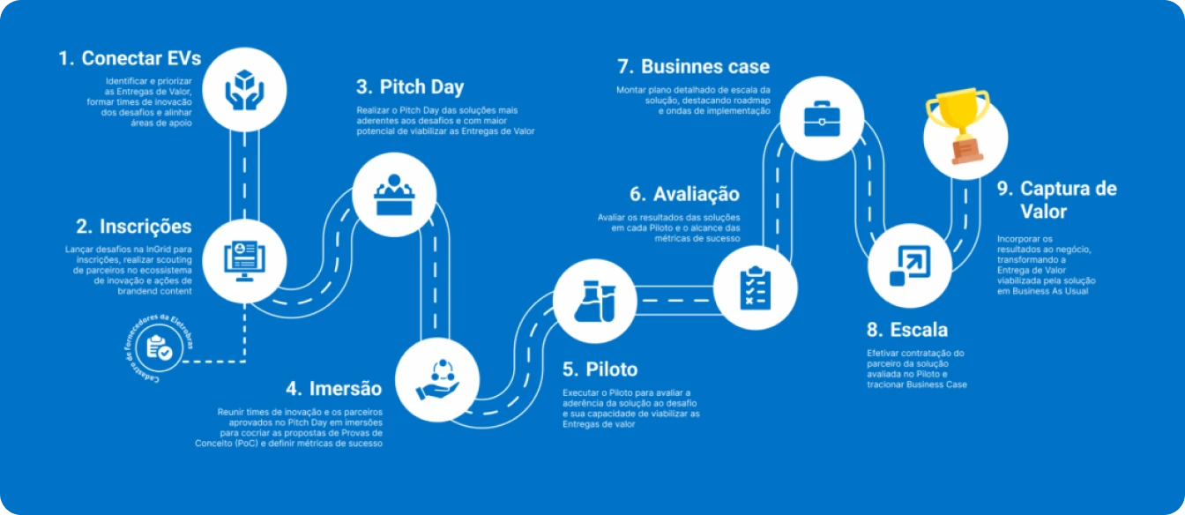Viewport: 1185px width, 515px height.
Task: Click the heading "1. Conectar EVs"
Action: click(130, 58)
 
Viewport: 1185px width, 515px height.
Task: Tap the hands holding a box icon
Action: click(244, 90)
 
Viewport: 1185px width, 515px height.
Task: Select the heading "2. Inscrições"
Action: click(134, 227)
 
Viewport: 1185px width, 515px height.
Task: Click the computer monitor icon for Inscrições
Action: click(244, 261)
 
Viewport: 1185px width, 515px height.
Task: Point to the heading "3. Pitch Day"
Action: click(410, 86)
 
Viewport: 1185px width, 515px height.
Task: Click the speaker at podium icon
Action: click(394, 195)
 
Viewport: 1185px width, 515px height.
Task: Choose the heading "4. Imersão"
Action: click(334, 389)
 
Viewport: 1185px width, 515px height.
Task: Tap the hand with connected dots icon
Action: click(437, 379)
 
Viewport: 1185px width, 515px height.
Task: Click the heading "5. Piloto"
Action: click(600, 369)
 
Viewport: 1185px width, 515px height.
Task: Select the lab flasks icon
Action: click(595, 302)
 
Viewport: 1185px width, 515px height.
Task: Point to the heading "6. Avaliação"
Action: click(684, 194)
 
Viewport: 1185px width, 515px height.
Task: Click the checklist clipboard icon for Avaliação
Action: click(756, 288)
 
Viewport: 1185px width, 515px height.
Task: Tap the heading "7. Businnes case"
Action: click(694, 67)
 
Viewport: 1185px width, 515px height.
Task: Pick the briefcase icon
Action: click(822, 118)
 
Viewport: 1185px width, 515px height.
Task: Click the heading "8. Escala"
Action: click(907, 330)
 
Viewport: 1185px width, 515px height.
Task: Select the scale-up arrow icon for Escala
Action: click(910, 265)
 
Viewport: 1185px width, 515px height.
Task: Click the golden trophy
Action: click(958, 125)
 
